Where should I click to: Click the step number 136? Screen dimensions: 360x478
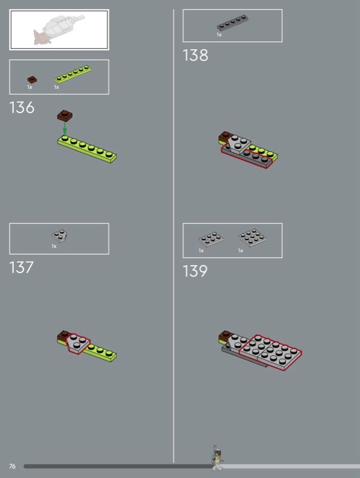(22, 108)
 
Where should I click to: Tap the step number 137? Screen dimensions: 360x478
(22, 267)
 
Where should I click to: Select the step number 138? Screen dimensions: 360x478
(196, 56)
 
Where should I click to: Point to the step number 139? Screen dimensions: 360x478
(195, 271)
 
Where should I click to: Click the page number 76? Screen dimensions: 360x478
(12, 466)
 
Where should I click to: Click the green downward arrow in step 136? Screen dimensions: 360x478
(65, 128)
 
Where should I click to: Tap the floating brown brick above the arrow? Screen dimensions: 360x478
(65, 116)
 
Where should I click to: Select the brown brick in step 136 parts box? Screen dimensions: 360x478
(32, 80)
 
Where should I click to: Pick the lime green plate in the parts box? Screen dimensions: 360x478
(73, 74)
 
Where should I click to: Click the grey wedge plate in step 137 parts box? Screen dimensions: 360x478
(59, 236)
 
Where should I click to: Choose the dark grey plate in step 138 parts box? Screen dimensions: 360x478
(233, 23)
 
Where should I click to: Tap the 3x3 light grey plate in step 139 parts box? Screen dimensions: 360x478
(252, 237)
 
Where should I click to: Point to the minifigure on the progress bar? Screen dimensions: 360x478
(216, 458)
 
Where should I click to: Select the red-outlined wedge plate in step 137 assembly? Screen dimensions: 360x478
(78, 344)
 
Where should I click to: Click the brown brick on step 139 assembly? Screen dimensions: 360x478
(225, 337)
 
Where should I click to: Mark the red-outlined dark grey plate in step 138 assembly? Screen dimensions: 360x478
(247, 155)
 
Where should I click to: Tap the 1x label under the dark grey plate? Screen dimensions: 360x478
(219, 35)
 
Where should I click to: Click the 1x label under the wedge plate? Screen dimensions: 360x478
(54, 246)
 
